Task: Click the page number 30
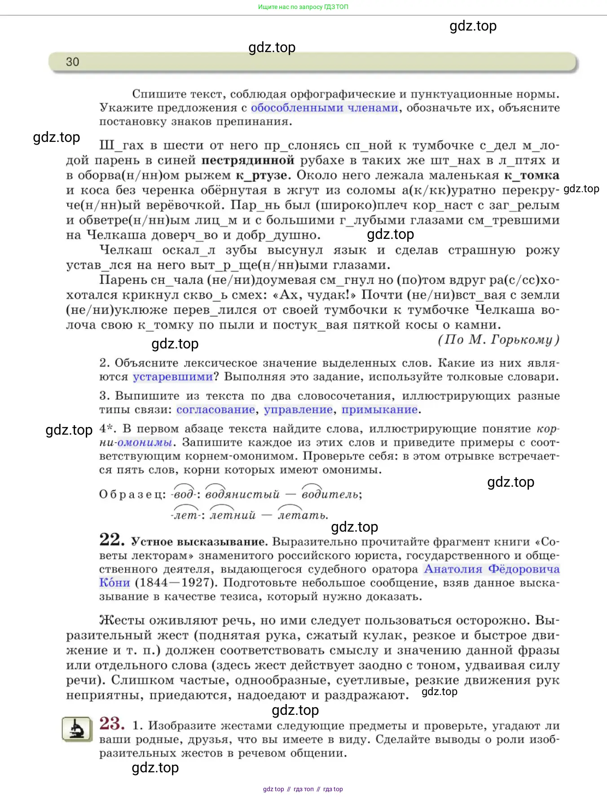[x=72, y=62]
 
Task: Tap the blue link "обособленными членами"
[x=324, y=108]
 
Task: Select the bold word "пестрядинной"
[x=248, y=160]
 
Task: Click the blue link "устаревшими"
[x=173, y=377]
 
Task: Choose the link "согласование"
[x=216, y=410]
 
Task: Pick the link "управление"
[x=298, y=410]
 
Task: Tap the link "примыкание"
[x=380, y=410]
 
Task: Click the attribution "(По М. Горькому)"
[x=498, y=339]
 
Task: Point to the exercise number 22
[x=111, y=540]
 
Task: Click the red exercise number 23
[x=112, y=723]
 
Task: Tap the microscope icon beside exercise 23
[x=77, y=729]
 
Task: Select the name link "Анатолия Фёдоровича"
[x=492, y=569]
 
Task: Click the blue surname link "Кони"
[x=114, y=583]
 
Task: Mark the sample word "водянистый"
[x=242, y=494]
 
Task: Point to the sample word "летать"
[x=303, y=515]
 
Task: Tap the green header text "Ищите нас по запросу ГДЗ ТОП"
[x=303, y=7]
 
